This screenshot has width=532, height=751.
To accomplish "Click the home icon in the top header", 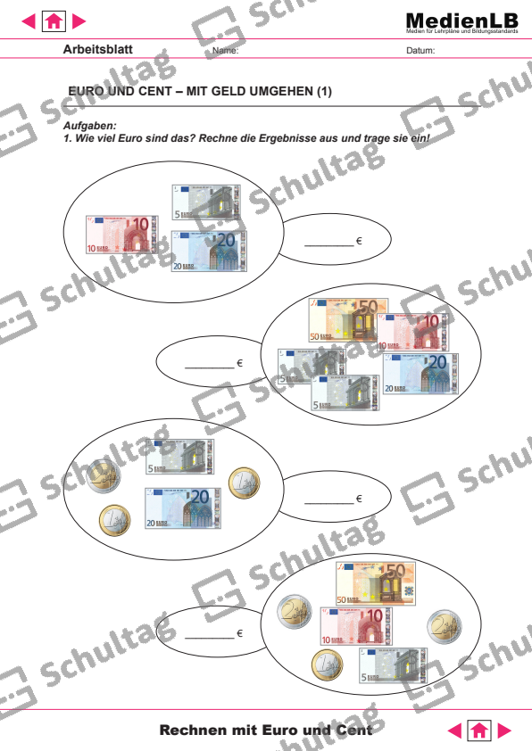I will tap(54, 20).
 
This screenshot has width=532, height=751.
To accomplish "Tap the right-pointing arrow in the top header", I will tap(79, 20).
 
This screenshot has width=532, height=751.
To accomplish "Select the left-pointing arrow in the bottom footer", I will tap(455, 730).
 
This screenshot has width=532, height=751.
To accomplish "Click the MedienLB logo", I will tap(461, 21).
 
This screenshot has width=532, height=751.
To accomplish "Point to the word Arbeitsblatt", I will tap(98, 50).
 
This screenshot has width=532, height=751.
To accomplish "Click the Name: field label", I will tap(226, 51).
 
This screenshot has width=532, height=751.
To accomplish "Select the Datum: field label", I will tap(420, 51).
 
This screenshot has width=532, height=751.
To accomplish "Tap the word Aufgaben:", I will tap(87, 127).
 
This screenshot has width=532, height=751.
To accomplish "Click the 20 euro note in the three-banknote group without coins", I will tap(211, 250).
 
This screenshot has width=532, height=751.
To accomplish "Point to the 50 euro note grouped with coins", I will tap(376, 582).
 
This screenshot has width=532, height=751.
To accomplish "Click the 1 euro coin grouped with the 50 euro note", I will tap(327, 664).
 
